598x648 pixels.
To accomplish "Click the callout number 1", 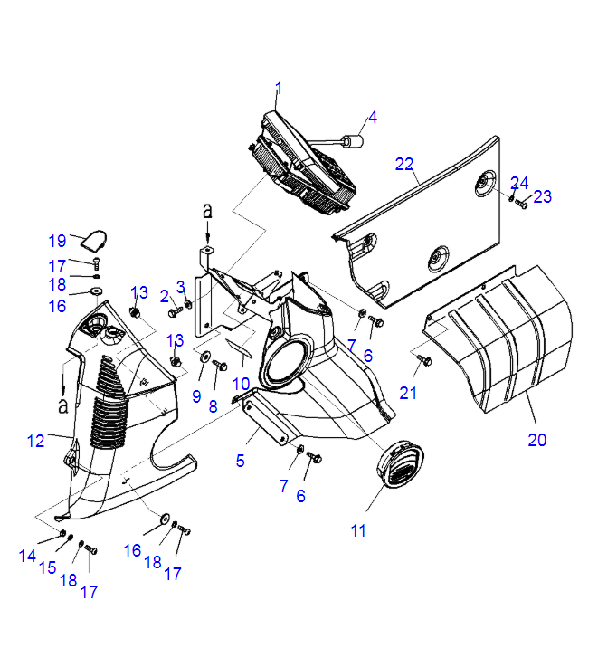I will coord(279,89).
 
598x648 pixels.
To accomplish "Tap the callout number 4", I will coord(372,117).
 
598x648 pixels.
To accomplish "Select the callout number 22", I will coord(404,164).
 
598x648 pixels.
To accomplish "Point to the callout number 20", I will coord(538,441).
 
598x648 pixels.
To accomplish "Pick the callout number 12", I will coord(35,441).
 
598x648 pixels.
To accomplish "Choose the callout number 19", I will coord(57,241).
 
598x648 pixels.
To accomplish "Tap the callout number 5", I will coord(241,461).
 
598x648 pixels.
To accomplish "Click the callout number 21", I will coord(410,393).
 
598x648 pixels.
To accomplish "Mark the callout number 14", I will coord(27,556).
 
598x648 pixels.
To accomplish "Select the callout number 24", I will coord(518,182).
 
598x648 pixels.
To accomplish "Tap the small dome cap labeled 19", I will coord(91,239).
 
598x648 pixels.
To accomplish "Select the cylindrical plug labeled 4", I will coord(353,141).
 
